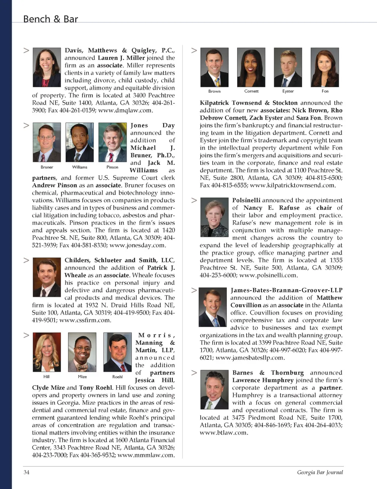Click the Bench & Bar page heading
[x=50, y=19]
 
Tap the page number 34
[x=27, y=472]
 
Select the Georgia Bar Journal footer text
[x=320, y=472]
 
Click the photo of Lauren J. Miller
[x=47, y=67]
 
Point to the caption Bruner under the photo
[x=47, y=167]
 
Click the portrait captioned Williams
[x=80, y=142]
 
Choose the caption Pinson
[x=112, y=167]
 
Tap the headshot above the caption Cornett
[x=251, y=67]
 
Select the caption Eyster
[x=288, y=91]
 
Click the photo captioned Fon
[x=325, y=67]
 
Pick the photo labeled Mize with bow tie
[x=82, y=352]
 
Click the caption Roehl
[x=117, y=377]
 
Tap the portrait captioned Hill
[x=47, y=352]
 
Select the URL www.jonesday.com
[x=138, y=245]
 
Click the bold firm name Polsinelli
[x=246, y=200]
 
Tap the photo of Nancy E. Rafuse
[x=214, y=219]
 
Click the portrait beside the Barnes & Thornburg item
[x=214, y=390]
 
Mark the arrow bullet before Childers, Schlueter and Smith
[x=26, y=260]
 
